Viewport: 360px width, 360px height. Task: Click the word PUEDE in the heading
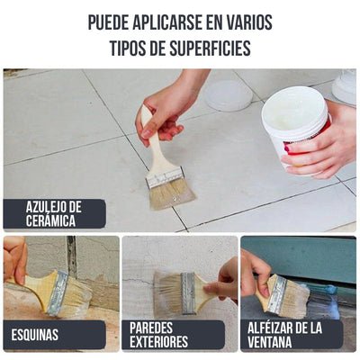tap(112, 22)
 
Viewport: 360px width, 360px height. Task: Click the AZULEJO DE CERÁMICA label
tap(54, 213)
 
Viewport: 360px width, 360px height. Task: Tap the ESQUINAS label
tap(36, 335)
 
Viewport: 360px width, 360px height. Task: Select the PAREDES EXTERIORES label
tap(159, 335)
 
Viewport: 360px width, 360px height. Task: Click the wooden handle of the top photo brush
tap(155, 144)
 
